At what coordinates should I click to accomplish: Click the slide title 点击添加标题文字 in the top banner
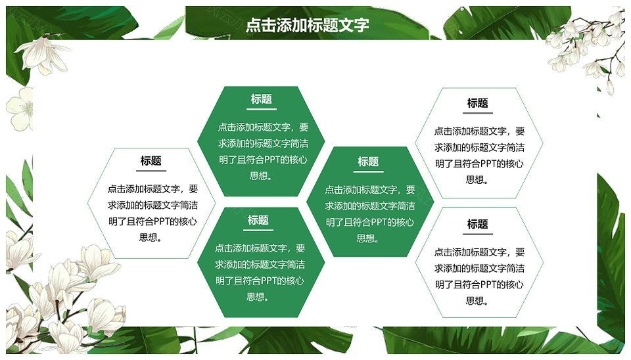307,25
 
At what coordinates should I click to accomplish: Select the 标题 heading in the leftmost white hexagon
151,161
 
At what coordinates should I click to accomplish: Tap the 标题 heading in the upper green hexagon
261,99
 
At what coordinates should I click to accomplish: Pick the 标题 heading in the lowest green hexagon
258,221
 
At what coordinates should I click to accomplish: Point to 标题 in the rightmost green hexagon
368,162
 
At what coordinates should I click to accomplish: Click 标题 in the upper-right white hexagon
478,103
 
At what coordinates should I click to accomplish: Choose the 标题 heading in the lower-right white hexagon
478,225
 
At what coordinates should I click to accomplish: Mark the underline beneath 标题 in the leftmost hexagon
151,171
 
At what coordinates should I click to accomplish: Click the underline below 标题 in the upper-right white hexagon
478,113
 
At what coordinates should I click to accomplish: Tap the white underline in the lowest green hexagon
258,230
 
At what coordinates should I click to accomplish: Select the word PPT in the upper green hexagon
272,160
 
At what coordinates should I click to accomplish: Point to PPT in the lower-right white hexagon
488,285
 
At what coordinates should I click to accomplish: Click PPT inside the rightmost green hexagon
379,223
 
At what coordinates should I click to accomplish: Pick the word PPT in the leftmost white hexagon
162,221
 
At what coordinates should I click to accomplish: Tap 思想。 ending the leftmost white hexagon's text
151,238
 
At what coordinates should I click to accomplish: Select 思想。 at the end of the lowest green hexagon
258,297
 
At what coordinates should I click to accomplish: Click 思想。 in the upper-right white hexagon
478,180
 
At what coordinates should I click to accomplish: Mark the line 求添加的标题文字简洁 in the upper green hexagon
263,144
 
